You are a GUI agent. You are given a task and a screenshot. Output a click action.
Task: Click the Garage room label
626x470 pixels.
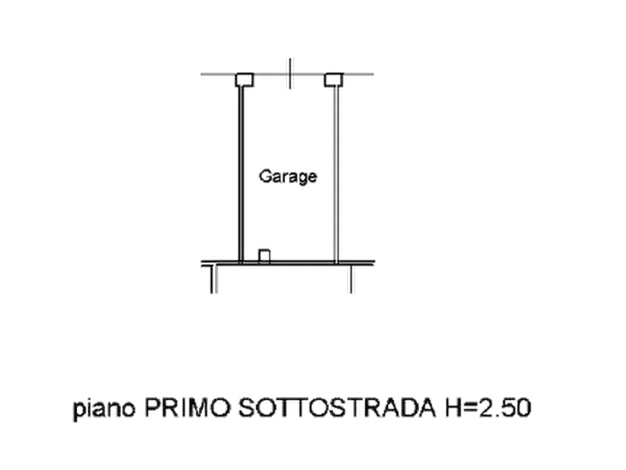click(288, 177)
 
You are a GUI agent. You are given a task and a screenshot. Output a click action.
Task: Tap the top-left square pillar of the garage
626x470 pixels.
click(245, 79)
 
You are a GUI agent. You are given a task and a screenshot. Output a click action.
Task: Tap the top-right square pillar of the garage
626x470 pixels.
click(334, 79)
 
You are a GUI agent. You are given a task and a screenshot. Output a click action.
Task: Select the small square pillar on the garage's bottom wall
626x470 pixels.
click(264, 255)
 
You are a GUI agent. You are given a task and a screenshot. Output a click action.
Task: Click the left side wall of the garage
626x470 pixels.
click(240, 174)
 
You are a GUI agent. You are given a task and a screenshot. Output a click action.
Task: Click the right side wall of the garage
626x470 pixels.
click(336, 174)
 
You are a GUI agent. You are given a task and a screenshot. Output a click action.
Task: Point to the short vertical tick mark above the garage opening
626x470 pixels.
click(290, 74)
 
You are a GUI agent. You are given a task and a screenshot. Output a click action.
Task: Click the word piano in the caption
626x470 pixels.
click(104, 409)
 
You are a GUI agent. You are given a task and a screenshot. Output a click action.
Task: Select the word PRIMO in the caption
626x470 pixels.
click(187, 408)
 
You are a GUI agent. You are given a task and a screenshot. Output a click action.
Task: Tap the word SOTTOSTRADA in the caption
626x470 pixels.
click(337, 408)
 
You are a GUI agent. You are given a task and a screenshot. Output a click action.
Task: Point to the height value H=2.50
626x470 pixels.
click(488, 408)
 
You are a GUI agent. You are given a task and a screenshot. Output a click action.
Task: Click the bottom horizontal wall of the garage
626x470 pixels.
click(288, 262)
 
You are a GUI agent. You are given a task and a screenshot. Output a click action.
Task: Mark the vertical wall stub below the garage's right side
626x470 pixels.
click(351, 278)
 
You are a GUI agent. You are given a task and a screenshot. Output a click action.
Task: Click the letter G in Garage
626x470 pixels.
click(265, 176)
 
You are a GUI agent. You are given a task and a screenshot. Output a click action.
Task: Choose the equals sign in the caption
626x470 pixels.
click(470, 409)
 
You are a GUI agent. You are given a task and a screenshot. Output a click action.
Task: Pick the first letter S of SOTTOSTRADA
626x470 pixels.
click(247, 408)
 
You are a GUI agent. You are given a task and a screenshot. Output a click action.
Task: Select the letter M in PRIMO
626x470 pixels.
click(200, 408)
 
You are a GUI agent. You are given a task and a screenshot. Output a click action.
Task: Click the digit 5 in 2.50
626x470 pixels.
click(508, 408)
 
